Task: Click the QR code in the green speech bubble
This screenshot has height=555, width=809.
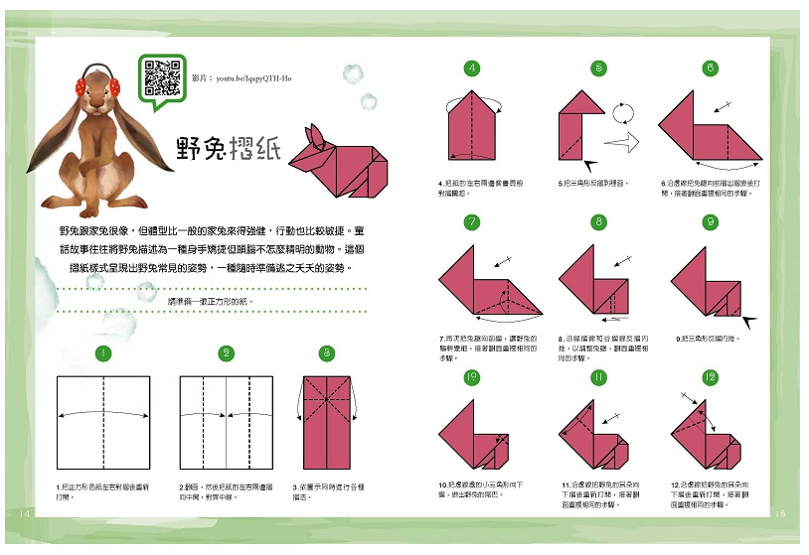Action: point(159,76)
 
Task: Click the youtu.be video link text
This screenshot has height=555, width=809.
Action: point(242,77)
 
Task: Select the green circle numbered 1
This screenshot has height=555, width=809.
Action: point(102,353)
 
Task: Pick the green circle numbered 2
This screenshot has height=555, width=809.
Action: point(227,353)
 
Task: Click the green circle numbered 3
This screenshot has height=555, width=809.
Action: point(326,353)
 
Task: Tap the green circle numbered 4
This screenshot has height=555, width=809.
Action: point(472,69)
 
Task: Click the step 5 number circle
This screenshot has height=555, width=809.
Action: point(598,69)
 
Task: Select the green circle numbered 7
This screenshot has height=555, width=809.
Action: point(472,222)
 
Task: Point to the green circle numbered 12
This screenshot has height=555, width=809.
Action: point(710,377)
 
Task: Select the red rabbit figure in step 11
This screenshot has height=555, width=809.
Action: point(594,437)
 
